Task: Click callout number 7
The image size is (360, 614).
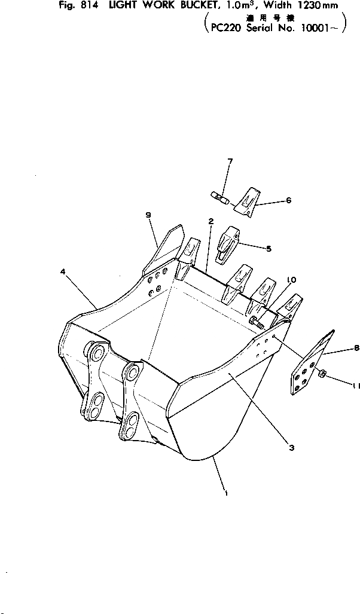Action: pos(230,161)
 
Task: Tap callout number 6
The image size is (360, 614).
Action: pos(288,201)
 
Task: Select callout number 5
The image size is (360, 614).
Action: pos(269,248)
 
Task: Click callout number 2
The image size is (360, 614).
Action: pos(211,221)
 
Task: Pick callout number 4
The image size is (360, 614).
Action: pos(63,271)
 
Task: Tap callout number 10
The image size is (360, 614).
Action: pos(291,279)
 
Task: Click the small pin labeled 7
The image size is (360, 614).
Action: pos(219,197)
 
